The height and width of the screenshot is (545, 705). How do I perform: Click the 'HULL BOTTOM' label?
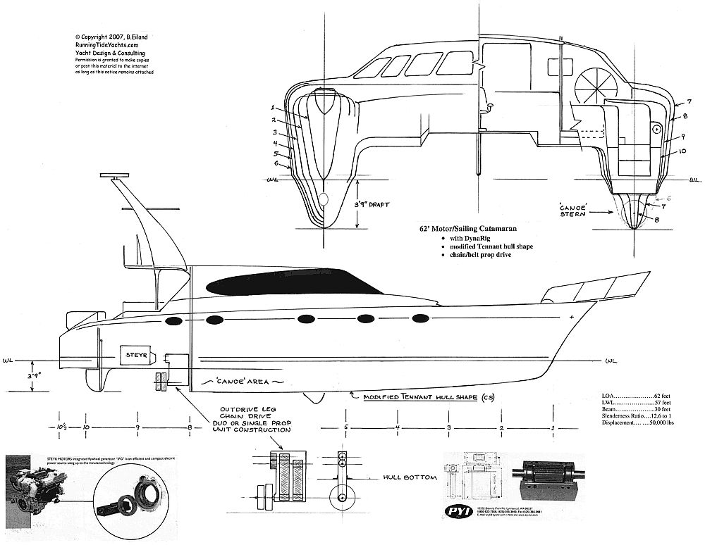pyautogui.click(x=410, y=477)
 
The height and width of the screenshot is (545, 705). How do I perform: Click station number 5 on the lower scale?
pyautogui.click(x=346, y=427)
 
